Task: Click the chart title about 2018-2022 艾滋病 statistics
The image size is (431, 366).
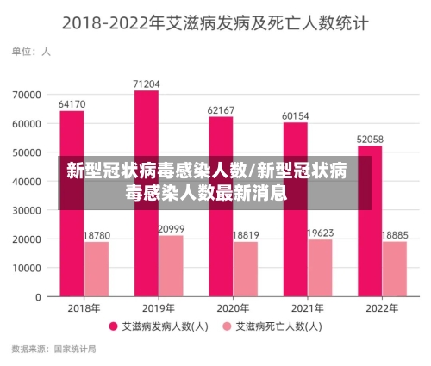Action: click(215, 23)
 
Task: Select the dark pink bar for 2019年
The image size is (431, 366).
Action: click(147, 129)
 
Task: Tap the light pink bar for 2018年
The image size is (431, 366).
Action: click(96, 269)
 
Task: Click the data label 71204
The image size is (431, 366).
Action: click(147, 84)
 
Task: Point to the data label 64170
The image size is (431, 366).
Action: click(72, 104)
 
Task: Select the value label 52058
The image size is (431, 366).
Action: click(370, 139)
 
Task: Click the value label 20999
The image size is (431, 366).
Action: click(171, 228)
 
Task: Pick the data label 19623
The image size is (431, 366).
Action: click(320, 233)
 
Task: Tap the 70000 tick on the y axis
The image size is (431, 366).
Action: click(28, 94)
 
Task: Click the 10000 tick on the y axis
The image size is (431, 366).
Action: click(28, 268)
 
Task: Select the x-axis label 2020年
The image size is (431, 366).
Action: click(233, 308)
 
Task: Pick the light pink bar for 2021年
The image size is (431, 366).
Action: click(320, 268)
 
